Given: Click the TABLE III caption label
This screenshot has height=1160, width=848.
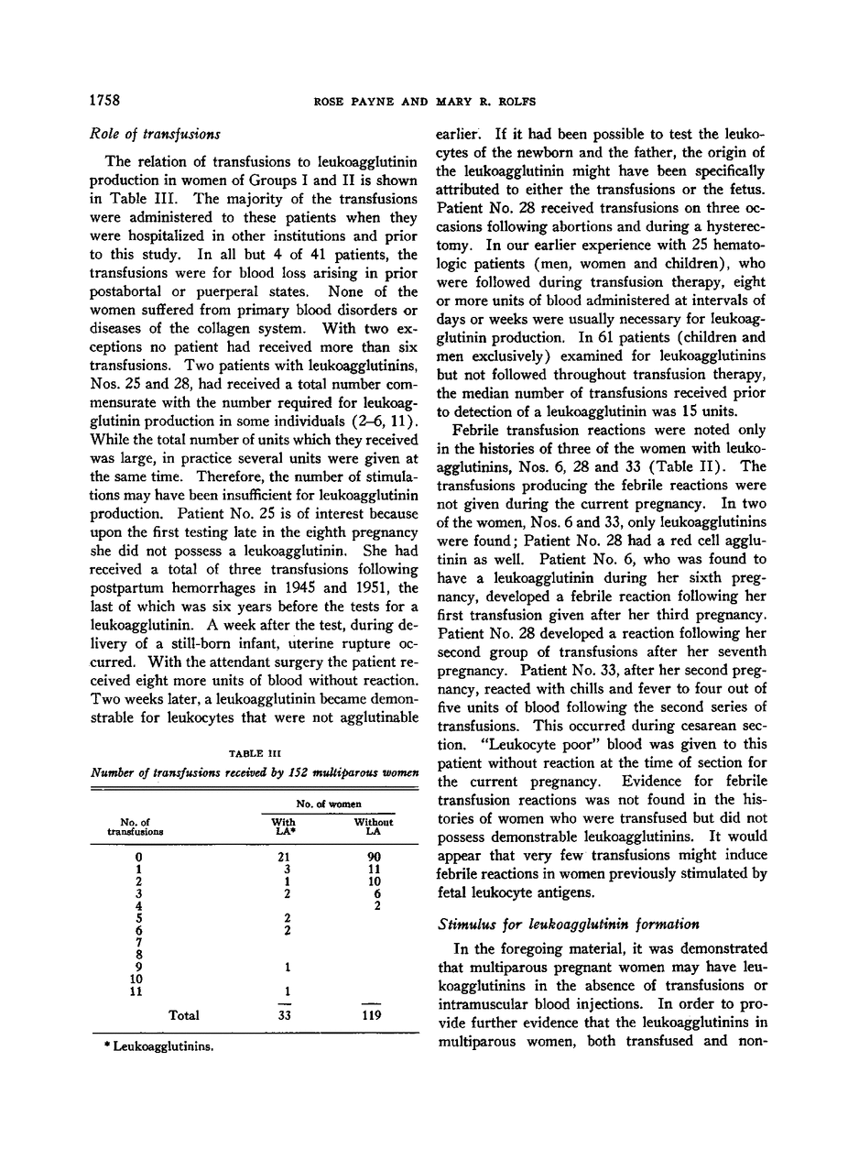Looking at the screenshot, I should point(253,753).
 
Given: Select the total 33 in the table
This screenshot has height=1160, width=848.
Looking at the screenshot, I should point(285,1015).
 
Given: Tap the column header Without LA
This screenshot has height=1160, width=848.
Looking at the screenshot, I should point(373,826).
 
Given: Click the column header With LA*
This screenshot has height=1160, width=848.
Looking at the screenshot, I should point(284,826).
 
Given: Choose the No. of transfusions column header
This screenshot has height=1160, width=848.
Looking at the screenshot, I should point(135,826).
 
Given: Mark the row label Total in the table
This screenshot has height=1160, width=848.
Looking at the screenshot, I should point(185,1015).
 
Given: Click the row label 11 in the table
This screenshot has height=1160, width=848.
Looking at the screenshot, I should point(137,990).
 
